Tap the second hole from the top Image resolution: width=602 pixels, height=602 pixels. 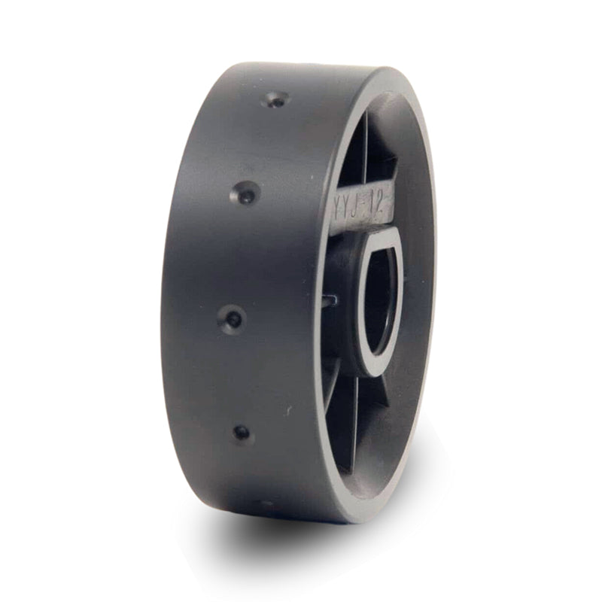pyautogui.click(x=245, y=194)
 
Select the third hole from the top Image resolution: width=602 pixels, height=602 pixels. pyautogui.click(x=233, y=318)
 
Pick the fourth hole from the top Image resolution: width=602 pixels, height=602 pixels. pyautogui.click(x=242, y=433)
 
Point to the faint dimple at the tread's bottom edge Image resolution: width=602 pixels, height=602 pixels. pyautogui.click(x=266, y=503)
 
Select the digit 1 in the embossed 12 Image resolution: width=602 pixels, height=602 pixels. pyautogui.click(x=372, y=212)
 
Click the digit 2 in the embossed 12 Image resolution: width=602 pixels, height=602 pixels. pyautogui.click(x=382, y=214)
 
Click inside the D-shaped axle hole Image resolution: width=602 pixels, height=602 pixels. pyautogui.click(x=380, y=301)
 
